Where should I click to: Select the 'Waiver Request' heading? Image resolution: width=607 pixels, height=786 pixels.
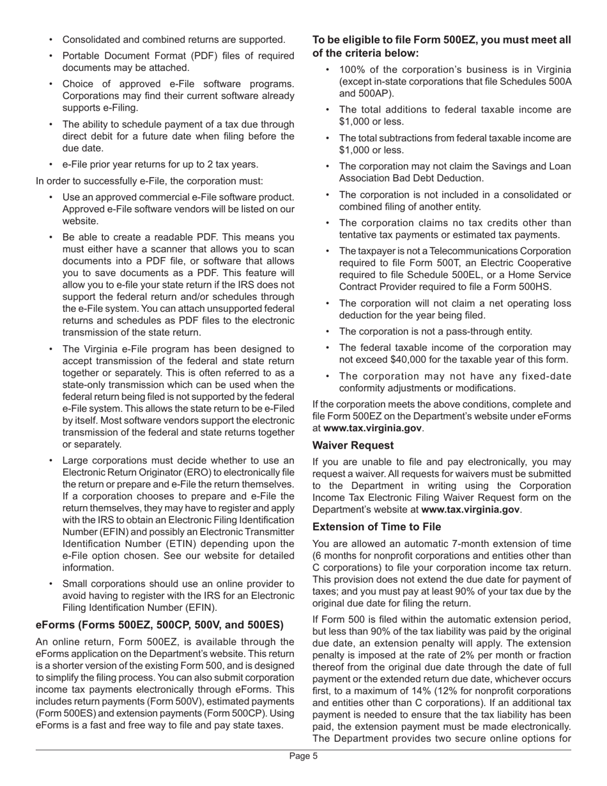pos(353,445)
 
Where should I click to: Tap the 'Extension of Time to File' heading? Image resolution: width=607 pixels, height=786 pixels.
pos(376,527)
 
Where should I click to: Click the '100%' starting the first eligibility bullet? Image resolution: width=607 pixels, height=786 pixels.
pos(351,70)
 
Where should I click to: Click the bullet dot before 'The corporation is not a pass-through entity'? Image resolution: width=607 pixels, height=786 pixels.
pos(328,332)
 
